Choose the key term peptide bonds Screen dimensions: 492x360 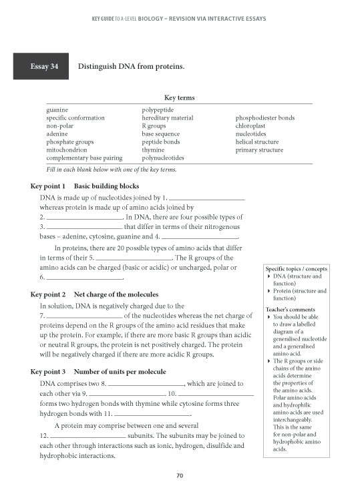[x=160, y=142]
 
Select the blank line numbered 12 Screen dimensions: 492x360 [x=85, y=435]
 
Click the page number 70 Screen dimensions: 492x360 [x=179, y=475]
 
